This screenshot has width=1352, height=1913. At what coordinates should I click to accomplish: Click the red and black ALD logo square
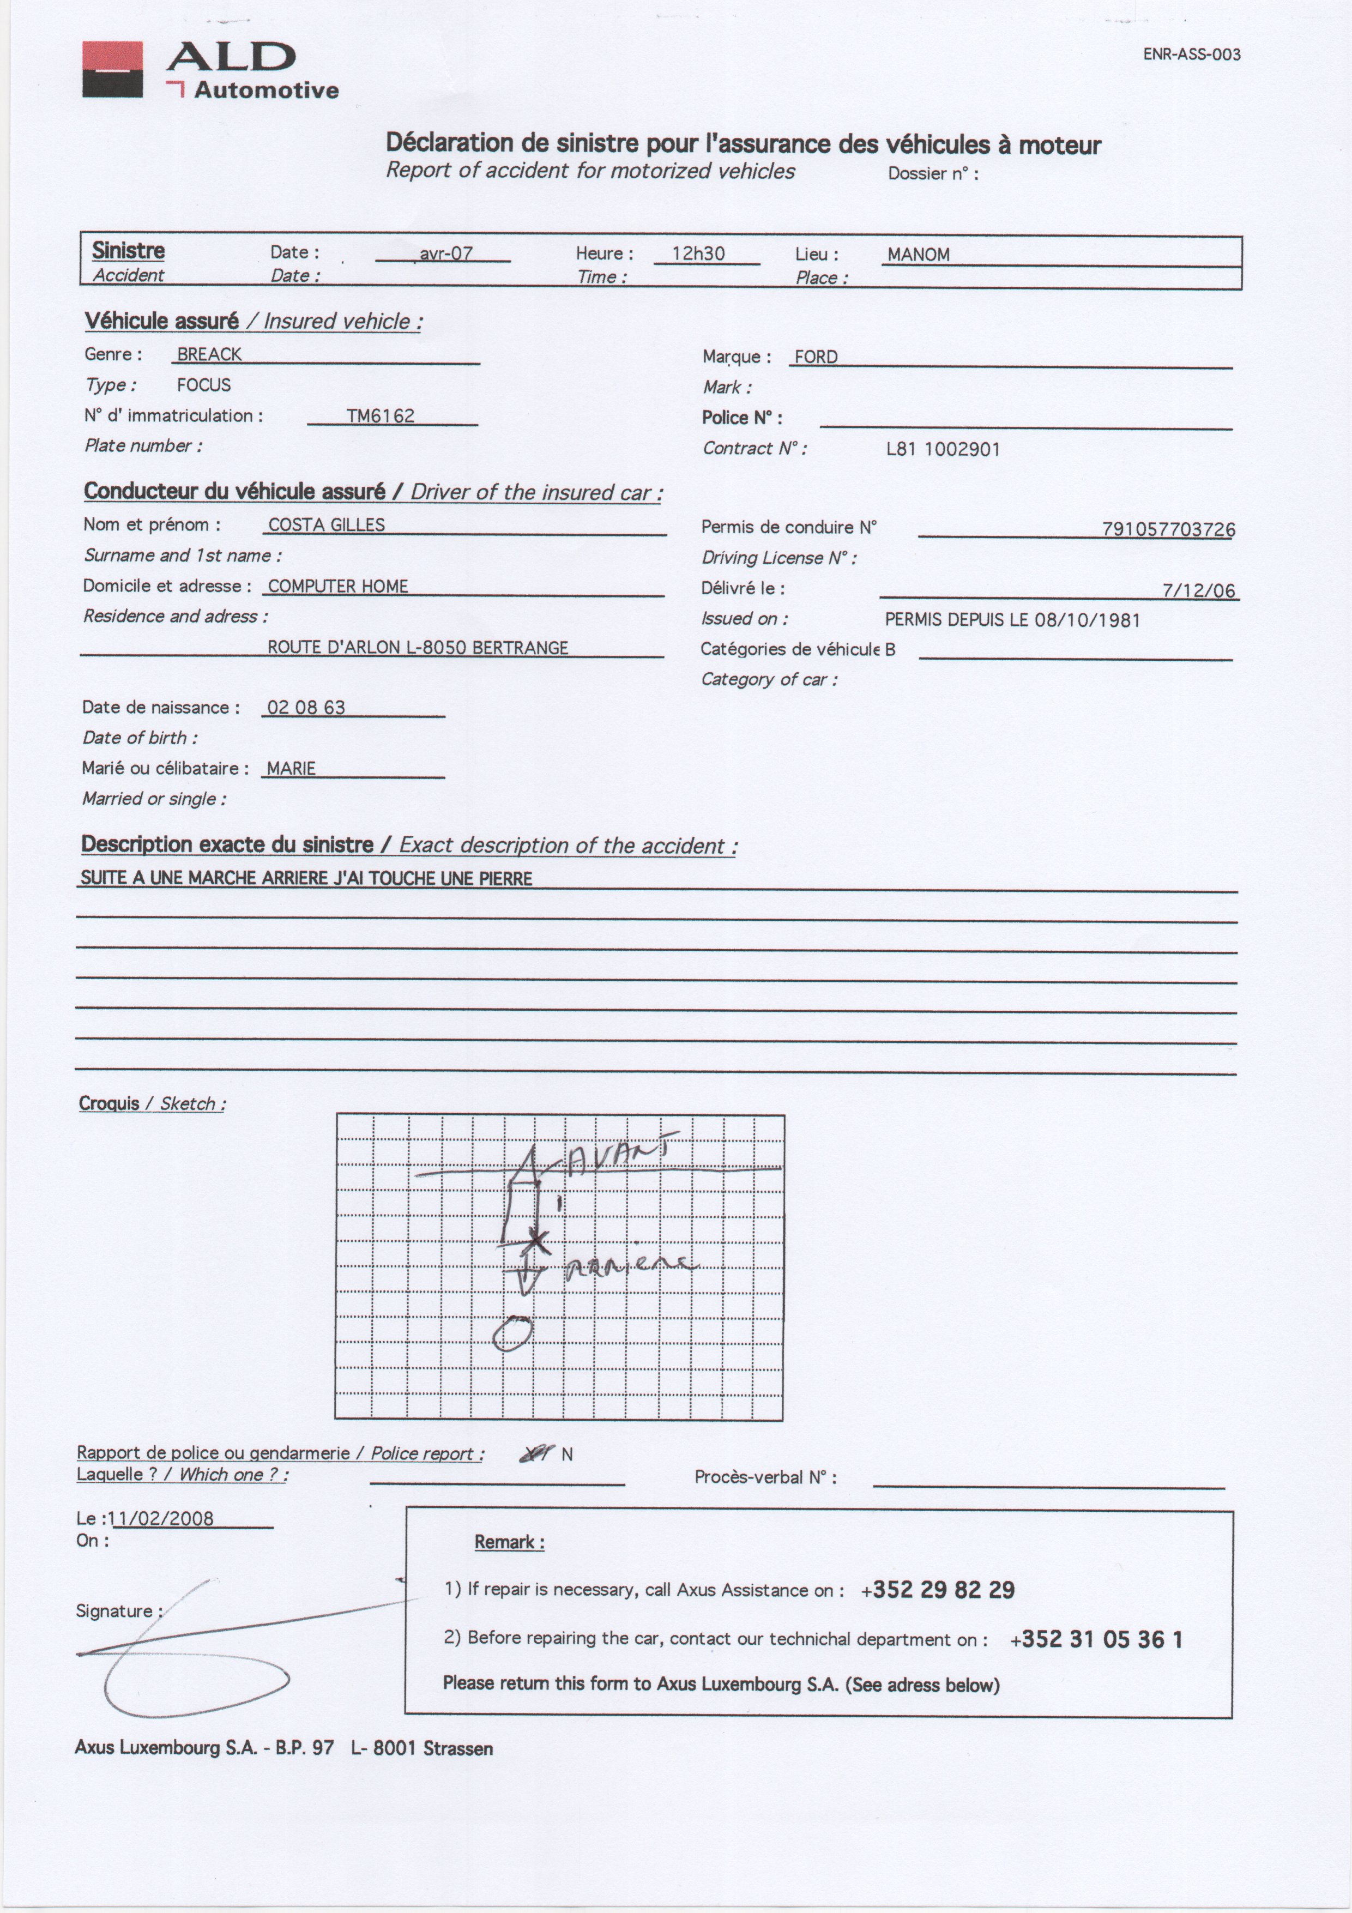(x=112, y=70)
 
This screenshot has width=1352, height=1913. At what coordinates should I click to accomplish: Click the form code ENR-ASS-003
(x=1191, y=55)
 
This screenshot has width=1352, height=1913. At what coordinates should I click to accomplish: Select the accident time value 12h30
(x=698, y=254)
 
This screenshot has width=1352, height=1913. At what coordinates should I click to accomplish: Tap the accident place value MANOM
(x=918, y=255)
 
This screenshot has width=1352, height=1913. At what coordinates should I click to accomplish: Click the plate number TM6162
(x=381, y=416)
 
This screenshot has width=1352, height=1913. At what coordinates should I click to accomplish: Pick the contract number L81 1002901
(x=943, y=449)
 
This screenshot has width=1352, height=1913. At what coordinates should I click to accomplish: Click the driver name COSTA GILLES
(x=327, y=525)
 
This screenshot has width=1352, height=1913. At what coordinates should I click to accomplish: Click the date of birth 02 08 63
(x=306, y=708)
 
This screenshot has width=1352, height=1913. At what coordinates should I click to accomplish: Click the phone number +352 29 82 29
(x=938, y=1590)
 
